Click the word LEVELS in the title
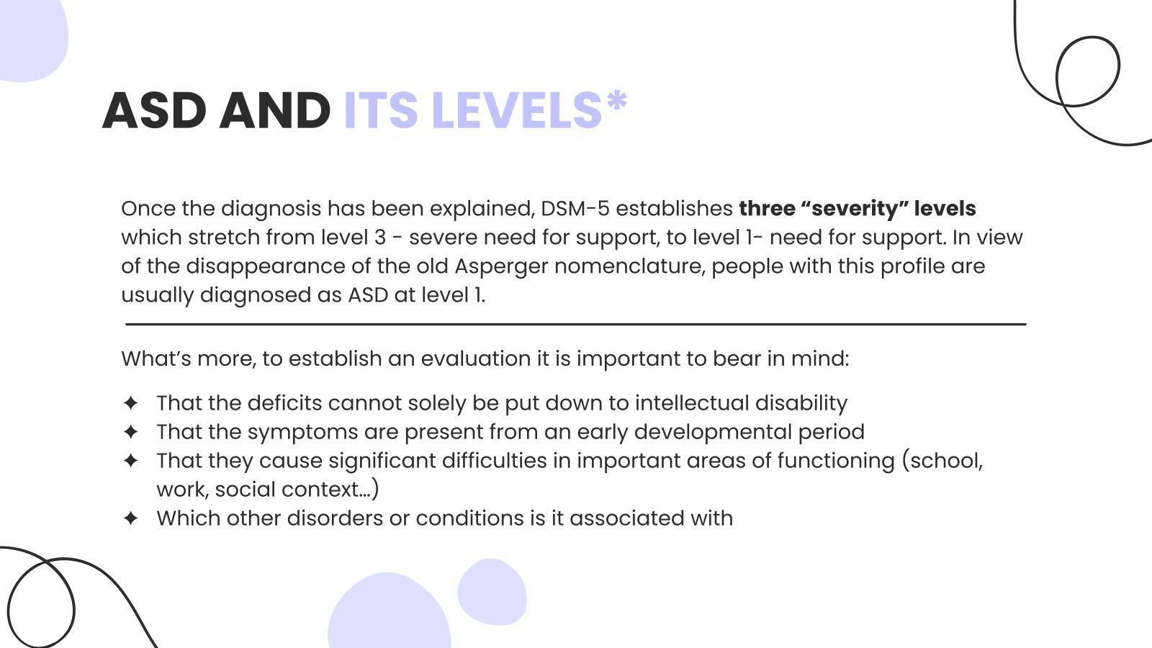(x=516, y=111)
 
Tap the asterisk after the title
(x=617, y=102)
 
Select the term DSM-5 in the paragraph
(x=575, y=209)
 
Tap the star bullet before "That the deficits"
(x=130, y=403)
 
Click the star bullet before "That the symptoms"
(x=130, y=432)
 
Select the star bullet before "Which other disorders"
(x=130, y=518)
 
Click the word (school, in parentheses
(x=942, y=461)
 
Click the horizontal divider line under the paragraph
(x=576, y=325)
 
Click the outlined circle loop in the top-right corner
(x=1087, y=71)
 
